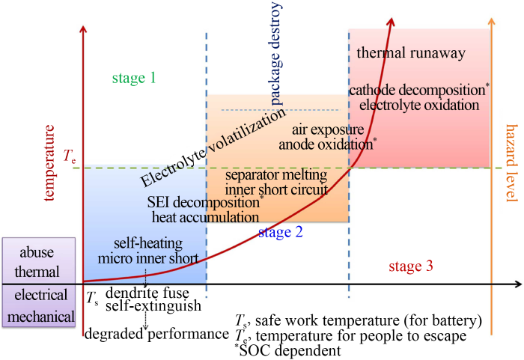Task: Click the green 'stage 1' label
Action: pos(134,78)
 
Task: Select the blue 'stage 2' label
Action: pos(281,232)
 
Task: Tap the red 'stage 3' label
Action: pos(411,266)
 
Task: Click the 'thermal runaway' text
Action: pos(411,53)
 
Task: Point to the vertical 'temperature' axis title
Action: pos(49,162)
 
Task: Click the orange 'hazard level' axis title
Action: pos(512,163)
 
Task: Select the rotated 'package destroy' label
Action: pos(275,53)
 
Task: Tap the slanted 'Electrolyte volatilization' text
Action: pos(213,147)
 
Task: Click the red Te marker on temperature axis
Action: pos(70,156)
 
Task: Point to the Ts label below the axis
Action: pos(92,297)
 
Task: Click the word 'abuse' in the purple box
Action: pos(37,252)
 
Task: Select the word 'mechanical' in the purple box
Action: pos(40,316)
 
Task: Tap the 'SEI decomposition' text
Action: pos(203,202)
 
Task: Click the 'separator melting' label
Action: pos(276,174)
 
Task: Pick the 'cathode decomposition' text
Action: pos(418,90)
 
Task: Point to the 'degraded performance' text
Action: pos(156,334)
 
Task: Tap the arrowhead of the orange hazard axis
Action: pos(491,21)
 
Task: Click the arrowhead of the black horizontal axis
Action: pos(518,284)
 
